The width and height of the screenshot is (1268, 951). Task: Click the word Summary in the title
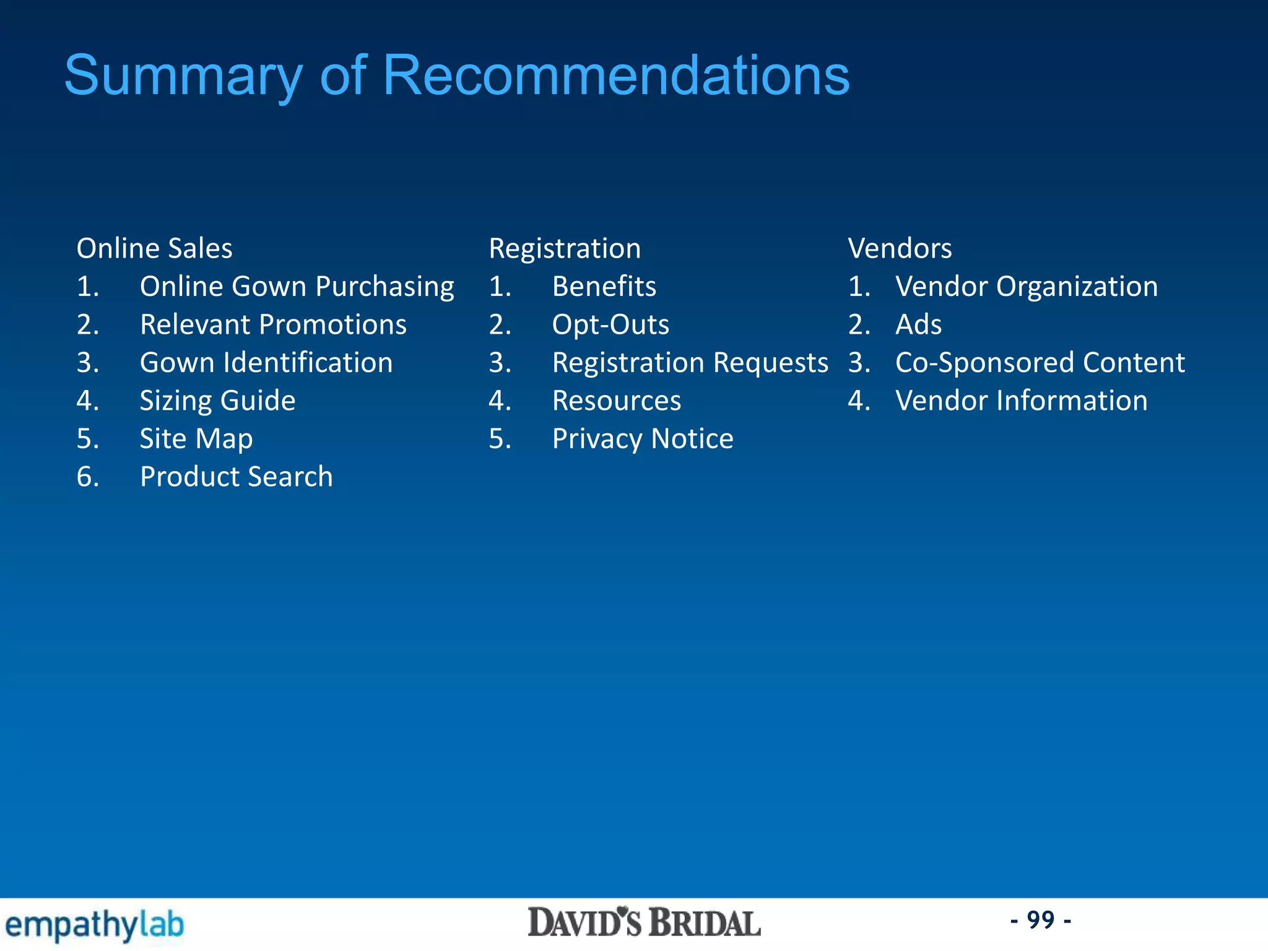coord(183,76)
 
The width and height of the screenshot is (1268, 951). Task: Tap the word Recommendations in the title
coord(616,75)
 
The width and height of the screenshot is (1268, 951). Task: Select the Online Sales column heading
coord(154,248)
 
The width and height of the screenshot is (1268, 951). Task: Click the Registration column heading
coord(565,248)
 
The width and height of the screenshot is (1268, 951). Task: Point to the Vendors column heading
coord(900,248)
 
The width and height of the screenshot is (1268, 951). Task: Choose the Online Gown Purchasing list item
coord(297,287)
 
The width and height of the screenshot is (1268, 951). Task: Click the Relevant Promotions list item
coord(273,324)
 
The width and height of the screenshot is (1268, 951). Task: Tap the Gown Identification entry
coord(266,363)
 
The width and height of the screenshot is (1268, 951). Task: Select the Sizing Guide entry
coord(217,401)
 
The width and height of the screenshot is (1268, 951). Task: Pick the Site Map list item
coord(196,439)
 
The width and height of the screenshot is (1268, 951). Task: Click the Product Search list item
coord(236,477)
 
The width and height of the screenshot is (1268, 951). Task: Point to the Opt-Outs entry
coord(610,324)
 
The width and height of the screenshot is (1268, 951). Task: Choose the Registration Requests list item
coord(690,363)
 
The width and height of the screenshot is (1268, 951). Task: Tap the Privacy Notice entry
coord(643,439)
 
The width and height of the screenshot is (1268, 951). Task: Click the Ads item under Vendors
coord(918,324)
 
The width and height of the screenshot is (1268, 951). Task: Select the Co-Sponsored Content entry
coord(1040,363)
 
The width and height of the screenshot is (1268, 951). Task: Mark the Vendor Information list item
coord(1021,401)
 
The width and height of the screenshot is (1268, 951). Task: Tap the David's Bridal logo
coord(644,923)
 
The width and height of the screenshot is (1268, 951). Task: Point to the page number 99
coord(1041,920)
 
